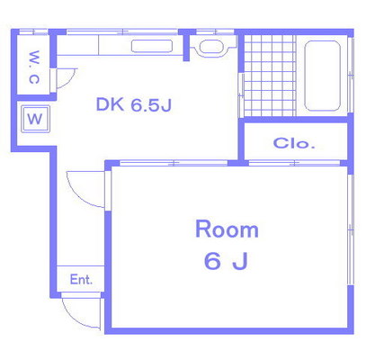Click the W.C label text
pos(34,67)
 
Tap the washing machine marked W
pos(35,119)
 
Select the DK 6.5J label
pos(134,104)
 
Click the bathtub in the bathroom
pos(323,76)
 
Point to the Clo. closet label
pos(294,143)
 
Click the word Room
pos(227,229)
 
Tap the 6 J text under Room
pos(226,261)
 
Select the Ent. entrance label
pos(81,280)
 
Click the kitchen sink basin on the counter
pos(152,46)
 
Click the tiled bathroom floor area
pos(270,76)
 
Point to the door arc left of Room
pos(79,195)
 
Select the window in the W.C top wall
pos(33,31)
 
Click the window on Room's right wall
pos(351,229)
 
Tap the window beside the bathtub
pos(351,75)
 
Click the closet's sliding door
pos(294,163)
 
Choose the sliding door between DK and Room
pos(174,163)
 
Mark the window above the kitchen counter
pos(122,31)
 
